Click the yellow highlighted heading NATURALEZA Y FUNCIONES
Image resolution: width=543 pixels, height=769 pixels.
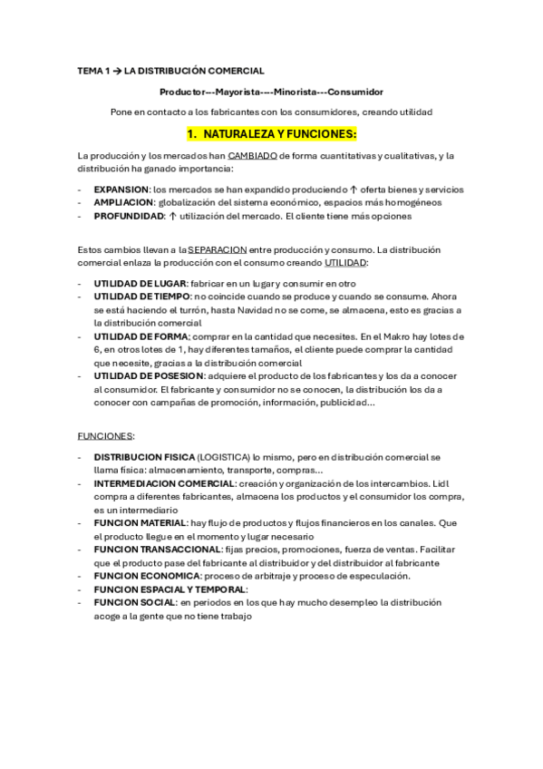pos(271,134)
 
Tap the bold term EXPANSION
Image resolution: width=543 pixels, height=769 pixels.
pos(121,190)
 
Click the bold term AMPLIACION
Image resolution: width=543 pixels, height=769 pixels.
pos(122,202)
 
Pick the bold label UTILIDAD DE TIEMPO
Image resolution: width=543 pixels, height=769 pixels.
pos(141,297)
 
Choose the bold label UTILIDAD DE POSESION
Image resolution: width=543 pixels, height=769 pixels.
pos(148,375)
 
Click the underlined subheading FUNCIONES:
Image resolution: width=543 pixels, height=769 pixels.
pos(106,435)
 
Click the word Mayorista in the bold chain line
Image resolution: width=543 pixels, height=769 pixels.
pos(240,92)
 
